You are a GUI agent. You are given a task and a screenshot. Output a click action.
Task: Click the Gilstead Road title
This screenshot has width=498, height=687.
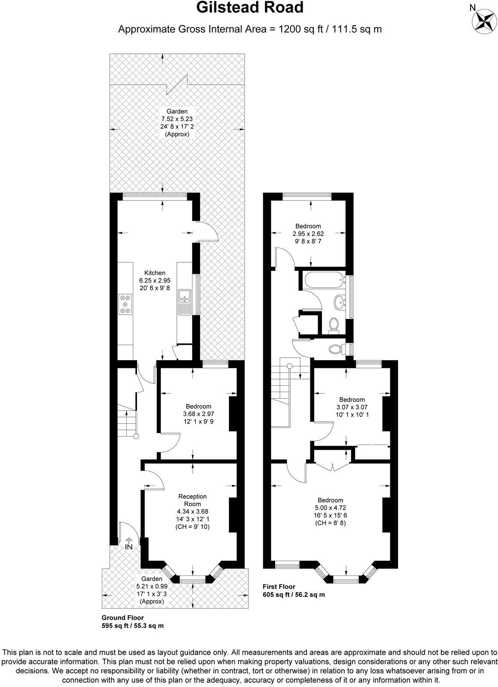coord(249,8)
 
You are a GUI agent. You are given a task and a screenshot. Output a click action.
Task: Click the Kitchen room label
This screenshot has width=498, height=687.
coord(155,273)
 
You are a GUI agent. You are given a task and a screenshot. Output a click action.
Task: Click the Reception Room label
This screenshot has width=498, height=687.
coord(193,500)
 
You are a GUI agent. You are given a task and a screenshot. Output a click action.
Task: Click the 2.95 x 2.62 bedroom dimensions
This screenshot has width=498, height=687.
coord(308,234)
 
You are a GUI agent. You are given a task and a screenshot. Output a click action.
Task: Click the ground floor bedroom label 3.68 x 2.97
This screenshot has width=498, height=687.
coord(198,414)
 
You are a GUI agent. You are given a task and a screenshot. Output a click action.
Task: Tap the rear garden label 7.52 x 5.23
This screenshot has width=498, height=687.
coord(177,119)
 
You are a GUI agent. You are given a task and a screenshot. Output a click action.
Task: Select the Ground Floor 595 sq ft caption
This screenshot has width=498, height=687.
coord(132,622)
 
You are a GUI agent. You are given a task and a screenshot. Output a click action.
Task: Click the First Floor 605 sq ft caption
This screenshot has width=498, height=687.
coord(293,591)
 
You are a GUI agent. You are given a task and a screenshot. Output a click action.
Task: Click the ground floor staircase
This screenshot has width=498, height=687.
coord(127,423)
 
